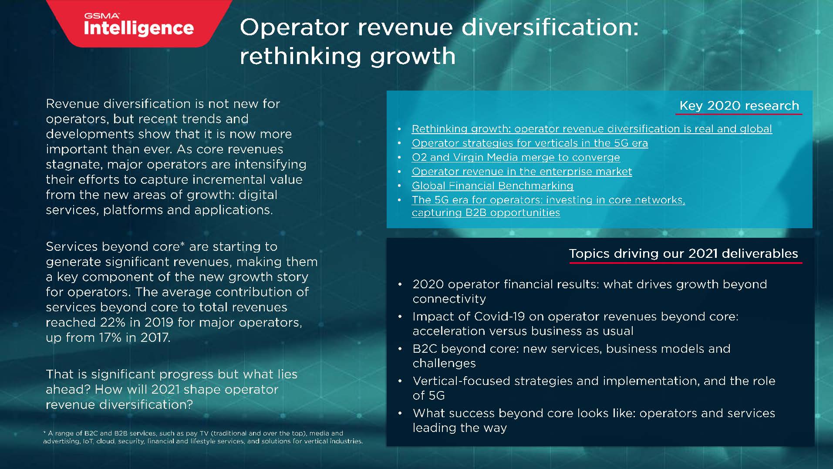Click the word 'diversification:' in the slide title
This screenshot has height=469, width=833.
coord(550,27)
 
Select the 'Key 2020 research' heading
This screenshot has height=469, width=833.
coord(739,105)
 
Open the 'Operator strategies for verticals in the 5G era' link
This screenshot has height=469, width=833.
coord(530,143)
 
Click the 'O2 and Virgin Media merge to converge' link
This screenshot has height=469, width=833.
coord(516,157)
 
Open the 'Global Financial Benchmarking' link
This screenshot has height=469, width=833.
coord(492,186)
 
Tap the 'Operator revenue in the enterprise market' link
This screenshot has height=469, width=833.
coord(522,172)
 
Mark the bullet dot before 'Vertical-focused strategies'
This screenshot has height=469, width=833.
coord(400,381)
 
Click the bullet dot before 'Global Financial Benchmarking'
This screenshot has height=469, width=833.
coord(399,186)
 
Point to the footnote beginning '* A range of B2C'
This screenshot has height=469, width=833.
coord(203,437)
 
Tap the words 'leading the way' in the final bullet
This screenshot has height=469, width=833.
coord(460,428)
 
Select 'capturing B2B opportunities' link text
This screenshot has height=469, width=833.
coord(486,213)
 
